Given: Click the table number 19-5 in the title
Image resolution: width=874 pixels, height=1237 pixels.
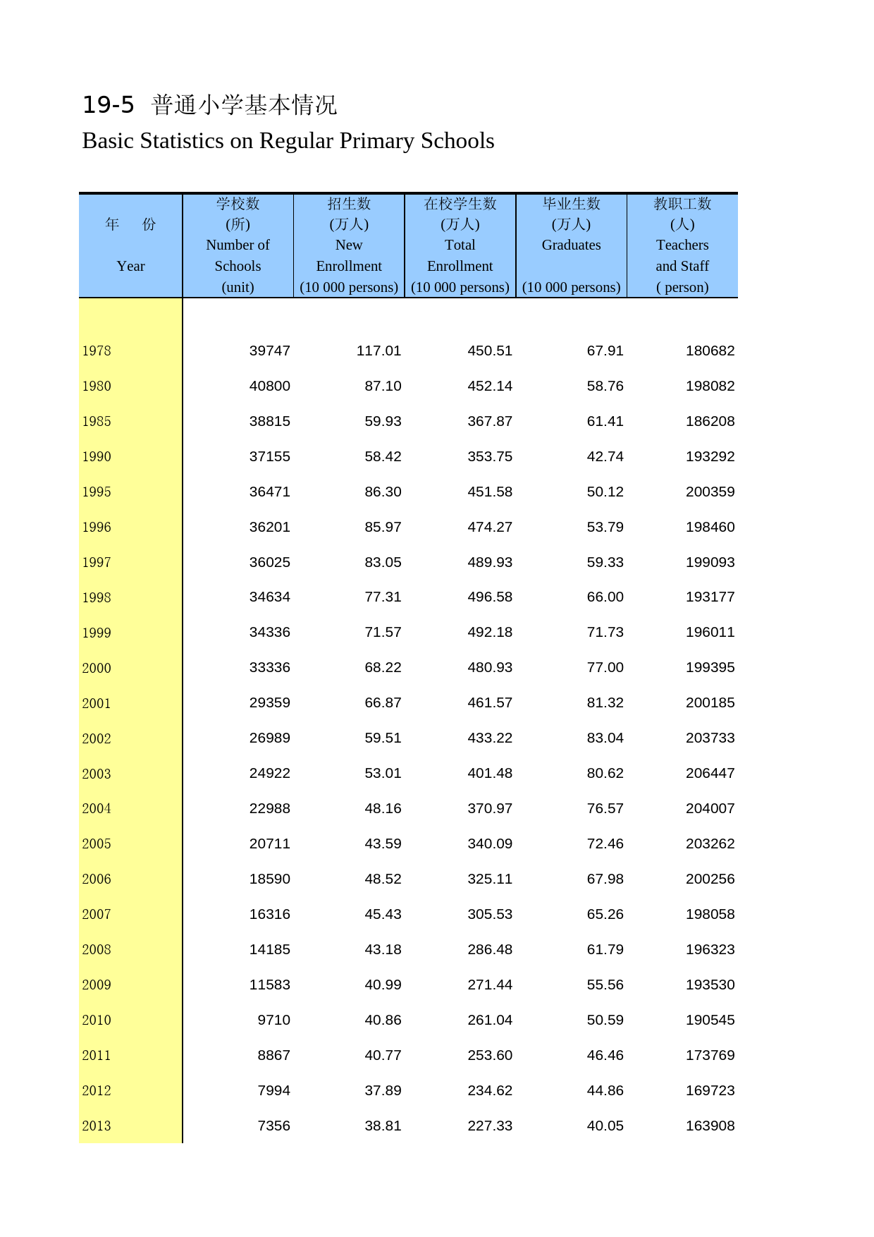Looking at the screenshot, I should [x=108, y=105].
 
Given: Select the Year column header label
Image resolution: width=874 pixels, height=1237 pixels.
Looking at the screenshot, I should [x=130, y=266].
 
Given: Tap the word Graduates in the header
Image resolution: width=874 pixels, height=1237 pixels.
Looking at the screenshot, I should [x=571, y=245].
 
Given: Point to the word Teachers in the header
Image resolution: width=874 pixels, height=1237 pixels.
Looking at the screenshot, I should [x=682, y=245].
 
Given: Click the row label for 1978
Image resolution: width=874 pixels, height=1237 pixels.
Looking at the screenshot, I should [x=97, y=351].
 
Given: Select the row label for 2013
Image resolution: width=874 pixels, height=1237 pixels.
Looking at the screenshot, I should [x=97, y=1126].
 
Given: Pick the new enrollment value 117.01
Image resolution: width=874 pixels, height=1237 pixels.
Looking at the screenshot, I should [x=378, y=351].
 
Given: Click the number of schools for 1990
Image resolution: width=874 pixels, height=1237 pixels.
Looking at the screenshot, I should [x=269, y=456].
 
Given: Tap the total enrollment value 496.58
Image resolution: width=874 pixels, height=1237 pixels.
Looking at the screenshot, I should [x=490, y=597].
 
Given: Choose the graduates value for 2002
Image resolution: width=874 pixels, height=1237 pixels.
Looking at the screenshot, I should [x=605, y=738].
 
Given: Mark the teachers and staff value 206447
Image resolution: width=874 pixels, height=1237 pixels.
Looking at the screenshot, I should [x=710, y=773].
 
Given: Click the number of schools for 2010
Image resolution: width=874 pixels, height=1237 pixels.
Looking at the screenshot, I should [x=273, y=1020].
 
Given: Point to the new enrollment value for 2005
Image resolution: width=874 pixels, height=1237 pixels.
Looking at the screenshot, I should [x=383, y=843].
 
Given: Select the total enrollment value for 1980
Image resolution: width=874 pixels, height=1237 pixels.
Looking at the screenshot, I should [x=490, y=386].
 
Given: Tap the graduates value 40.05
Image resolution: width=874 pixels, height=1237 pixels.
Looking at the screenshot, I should [x=605, y=1126].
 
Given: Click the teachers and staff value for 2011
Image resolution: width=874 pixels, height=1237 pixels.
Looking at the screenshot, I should [x=710, y=1055].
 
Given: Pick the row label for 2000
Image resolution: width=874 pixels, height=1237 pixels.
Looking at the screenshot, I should [x=97, y=668].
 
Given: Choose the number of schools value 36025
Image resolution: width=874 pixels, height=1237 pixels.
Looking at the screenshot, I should [x=269, y=562].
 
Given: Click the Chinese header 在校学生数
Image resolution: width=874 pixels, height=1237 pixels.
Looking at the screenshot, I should [x=460, y=204].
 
